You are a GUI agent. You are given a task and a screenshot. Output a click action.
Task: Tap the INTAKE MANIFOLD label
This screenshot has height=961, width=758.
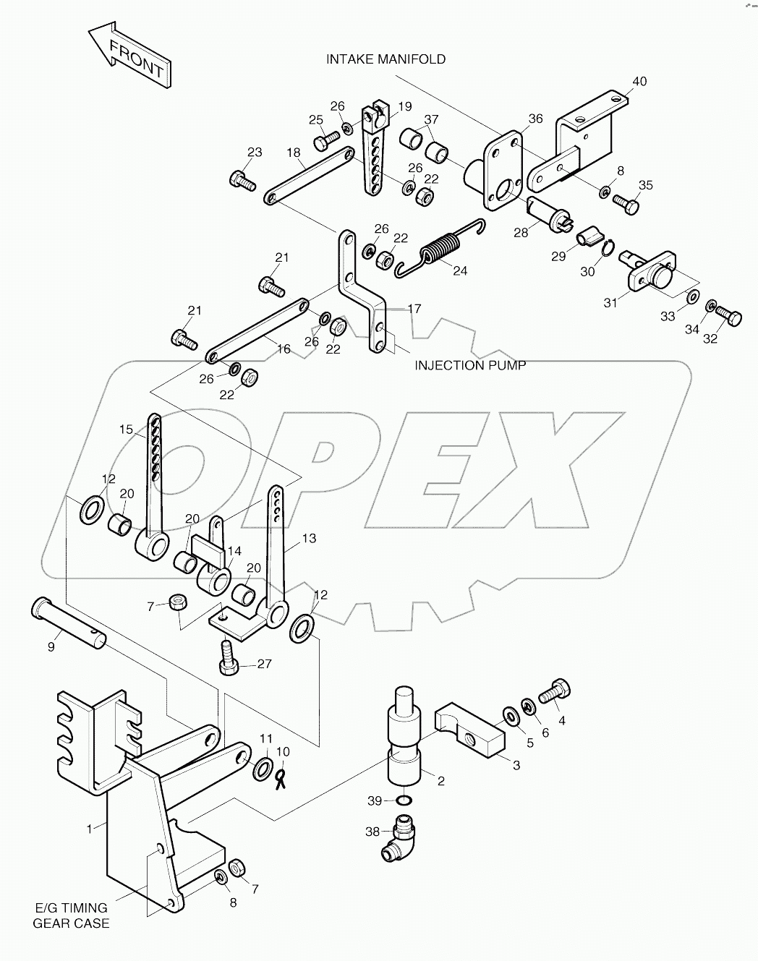386,59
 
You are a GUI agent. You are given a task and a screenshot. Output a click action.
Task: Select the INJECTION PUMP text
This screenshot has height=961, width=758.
469,365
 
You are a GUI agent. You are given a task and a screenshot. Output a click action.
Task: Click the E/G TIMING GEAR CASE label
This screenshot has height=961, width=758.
72,915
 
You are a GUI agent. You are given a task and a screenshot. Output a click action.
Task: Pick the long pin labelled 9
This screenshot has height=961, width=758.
69,620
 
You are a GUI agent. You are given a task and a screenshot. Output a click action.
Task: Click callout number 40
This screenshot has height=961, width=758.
639,81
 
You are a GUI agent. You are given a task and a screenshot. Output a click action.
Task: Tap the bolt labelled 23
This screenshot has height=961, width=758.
242,179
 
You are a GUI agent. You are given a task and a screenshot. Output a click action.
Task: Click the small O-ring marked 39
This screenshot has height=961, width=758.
406,800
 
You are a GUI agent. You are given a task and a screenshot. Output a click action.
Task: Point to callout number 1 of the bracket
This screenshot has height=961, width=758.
90,829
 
